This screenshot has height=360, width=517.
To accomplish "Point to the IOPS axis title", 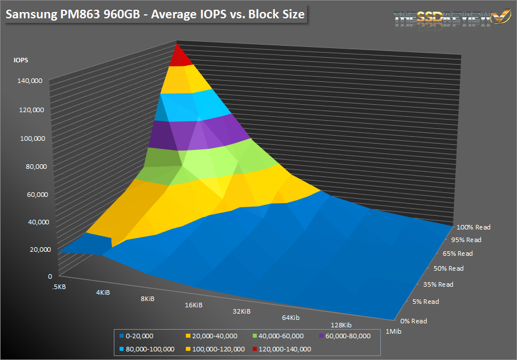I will (21, 59).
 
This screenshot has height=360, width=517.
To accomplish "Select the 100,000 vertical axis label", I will (30, 138).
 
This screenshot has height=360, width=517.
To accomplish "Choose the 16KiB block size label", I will (193, 305).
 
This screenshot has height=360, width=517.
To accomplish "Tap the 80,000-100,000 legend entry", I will (149, 349).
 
